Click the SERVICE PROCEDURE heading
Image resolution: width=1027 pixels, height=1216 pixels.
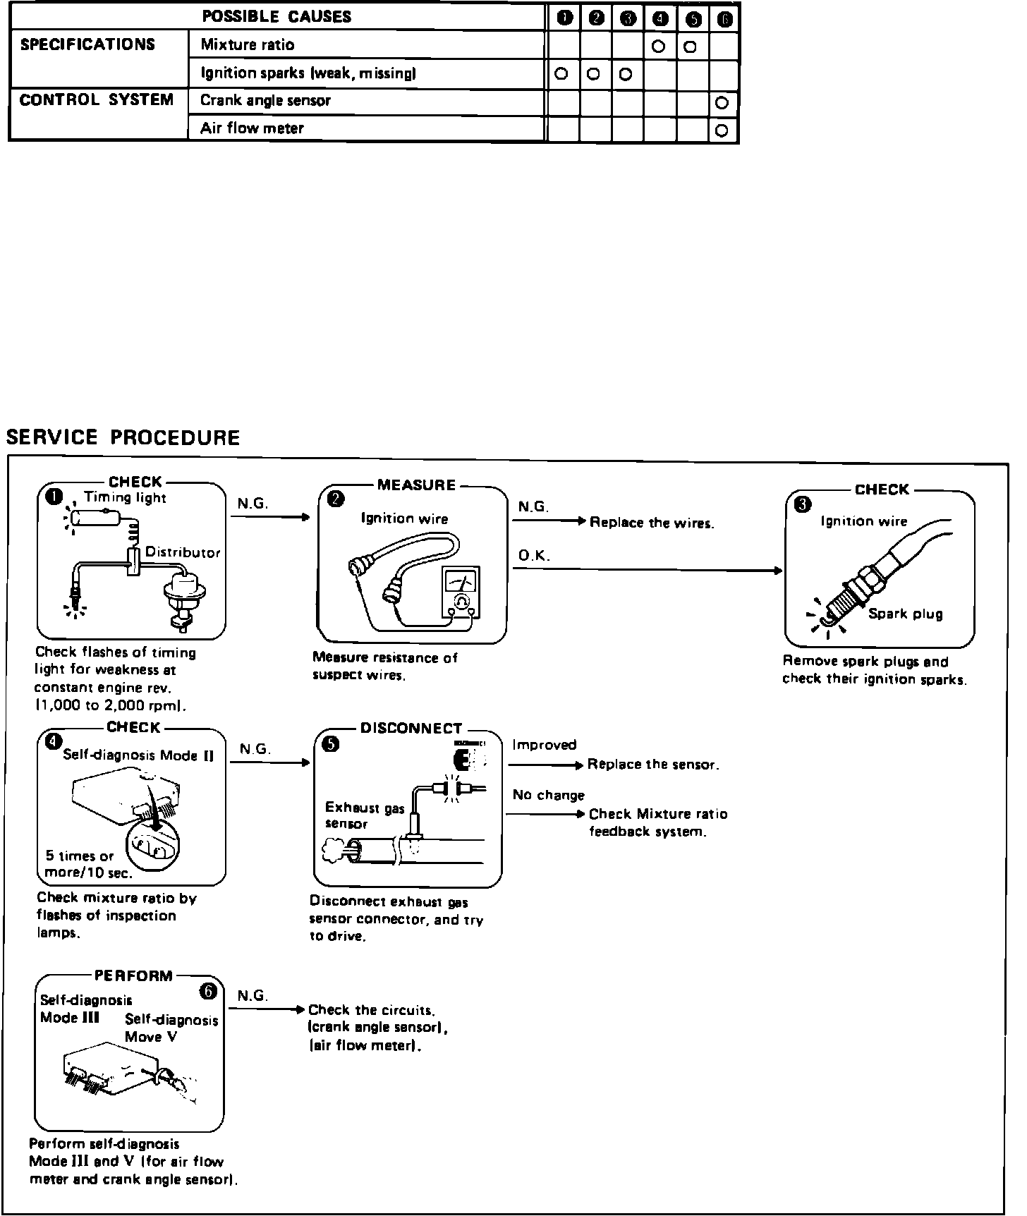(x=123, y=438)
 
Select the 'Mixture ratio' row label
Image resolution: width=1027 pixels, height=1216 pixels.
(x=248, y=45)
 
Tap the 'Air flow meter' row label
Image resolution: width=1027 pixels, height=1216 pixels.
(x=252, y=128)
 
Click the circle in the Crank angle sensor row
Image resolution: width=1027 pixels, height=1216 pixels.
(x=722, y=103)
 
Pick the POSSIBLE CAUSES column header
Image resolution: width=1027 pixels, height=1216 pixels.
(x=276, y=16)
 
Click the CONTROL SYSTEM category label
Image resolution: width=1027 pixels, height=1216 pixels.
(x=97, y=100)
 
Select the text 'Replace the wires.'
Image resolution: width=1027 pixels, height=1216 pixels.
(x=652, y=523)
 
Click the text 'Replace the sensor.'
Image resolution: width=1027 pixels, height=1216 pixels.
(x=653, y=765)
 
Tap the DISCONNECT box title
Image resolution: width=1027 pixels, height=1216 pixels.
(x=411, y=729)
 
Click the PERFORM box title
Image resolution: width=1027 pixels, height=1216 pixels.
(x=133, y=976)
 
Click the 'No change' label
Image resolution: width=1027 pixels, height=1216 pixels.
(x=549, y=796)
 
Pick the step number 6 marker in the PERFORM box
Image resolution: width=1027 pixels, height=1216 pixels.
(x=208, y=992)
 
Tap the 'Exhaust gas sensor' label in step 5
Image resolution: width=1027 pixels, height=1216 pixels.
(x=363, y=815)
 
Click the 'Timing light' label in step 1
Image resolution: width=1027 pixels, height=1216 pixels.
(x=125, y=497)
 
